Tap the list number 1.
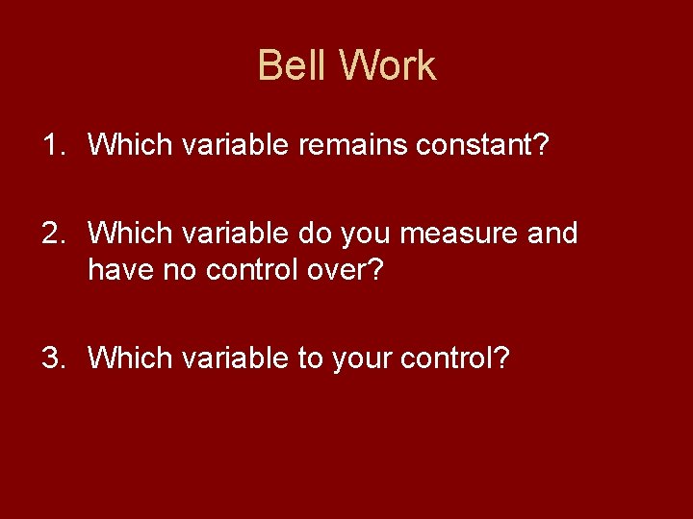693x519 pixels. (x=53, y=145)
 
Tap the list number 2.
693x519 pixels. (x=53, y=233)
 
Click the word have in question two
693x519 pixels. (x=118, y=271)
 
